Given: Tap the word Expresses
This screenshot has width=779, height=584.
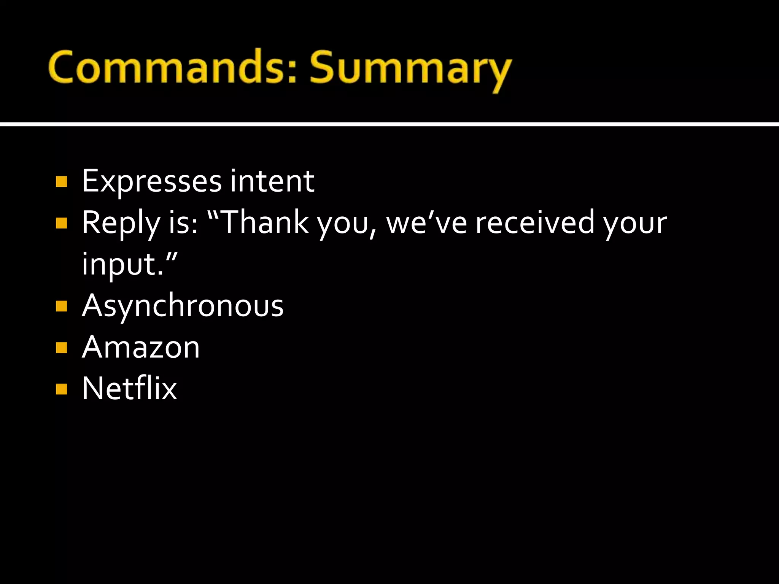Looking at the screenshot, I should point(151,181).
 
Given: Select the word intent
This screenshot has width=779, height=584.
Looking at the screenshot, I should point(272,181).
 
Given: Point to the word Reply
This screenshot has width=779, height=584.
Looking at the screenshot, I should point(121,223).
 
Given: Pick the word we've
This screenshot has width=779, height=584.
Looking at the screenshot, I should point(426,223).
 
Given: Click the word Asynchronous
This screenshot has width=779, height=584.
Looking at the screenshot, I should point(183,306).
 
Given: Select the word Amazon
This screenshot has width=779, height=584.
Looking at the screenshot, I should point(141,347).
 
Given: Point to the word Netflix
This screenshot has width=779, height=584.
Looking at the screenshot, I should point(129,388).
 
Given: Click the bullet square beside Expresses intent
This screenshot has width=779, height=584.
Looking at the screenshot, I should point(61,182).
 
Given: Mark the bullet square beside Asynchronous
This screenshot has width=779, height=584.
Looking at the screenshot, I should point(61,306).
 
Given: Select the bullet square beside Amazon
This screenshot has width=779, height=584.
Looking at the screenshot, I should point(61,348).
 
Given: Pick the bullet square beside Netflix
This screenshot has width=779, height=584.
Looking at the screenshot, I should point(61,389).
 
